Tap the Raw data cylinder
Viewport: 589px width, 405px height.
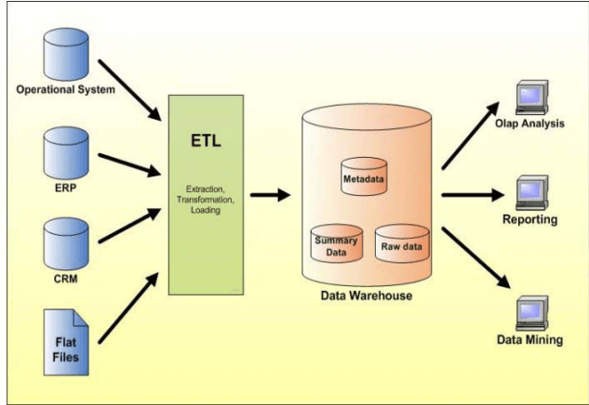(401, 246)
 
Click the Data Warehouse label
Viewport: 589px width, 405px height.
(365, 297)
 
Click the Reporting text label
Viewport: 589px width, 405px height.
(531, 221)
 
